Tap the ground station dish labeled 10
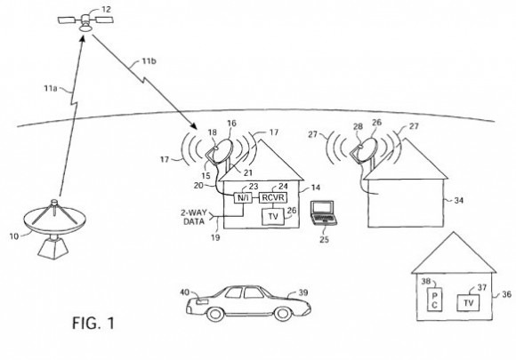point(54,228)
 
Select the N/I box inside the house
point(243,198)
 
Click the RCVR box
point(273,197)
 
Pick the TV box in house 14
point(273,216)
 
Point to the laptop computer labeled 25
point(324,213)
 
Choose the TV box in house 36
point(468,302)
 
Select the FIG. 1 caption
point(93,323)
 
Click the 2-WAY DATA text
point(194,217)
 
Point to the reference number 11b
point(149,60)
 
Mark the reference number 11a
point(51,88)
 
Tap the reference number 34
point(459,200)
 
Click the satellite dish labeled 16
point(220,151)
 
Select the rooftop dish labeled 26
point(364,150)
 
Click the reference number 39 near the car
point(302,292)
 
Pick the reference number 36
point(507,294)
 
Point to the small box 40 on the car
point(202,301)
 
